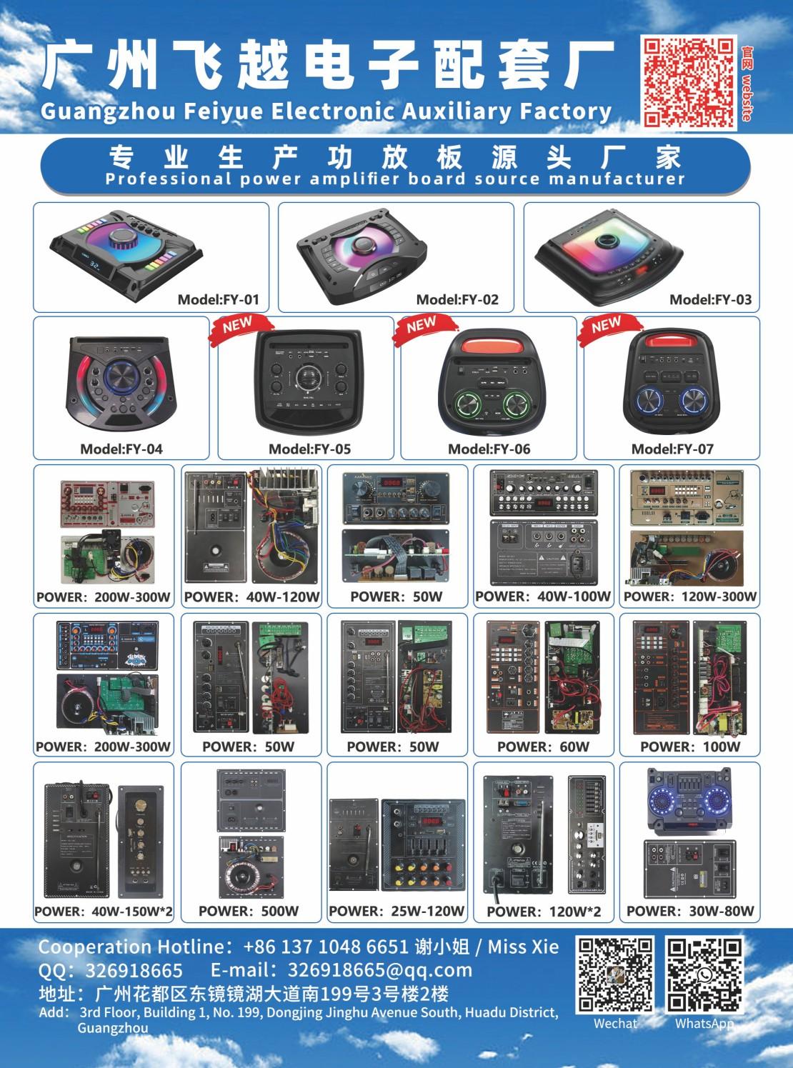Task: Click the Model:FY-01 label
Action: coord(219,300)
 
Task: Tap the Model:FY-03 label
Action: coord(710,300)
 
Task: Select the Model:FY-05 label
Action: coord(309,449)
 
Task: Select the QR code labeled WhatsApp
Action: coord(704,974)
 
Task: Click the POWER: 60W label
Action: coord(543,747)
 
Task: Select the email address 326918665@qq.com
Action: coord(380,970)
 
